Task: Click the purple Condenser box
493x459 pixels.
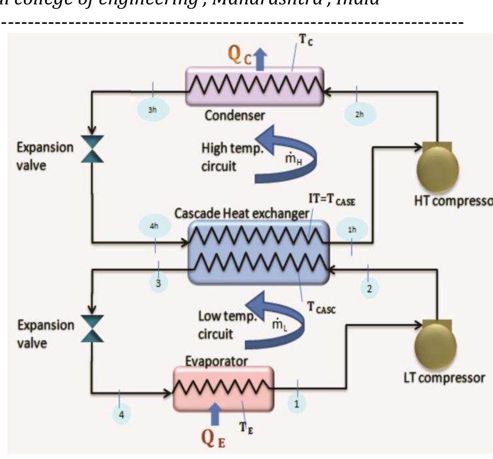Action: tap(254, 86)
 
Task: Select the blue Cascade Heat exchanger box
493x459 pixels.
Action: tap(258, 252)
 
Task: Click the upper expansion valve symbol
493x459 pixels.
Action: tap(92, 149)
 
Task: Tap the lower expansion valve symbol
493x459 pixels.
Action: tap(92, 329)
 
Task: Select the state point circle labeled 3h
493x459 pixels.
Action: tap(152, 110)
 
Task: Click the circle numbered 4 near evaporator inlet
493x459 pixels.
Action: tap(121, 415)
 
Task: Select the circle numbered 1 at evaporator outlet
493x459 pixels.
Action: tap(297, 403)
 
